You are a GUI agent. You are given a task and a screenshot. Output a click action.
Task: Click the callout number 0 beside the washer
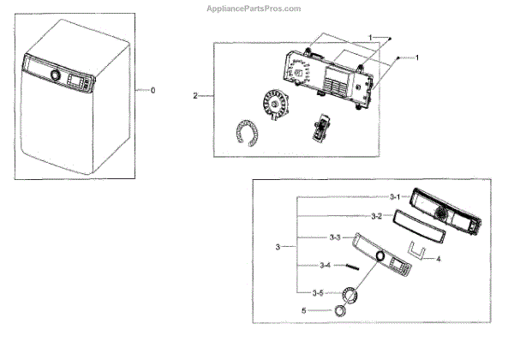pos(153,90)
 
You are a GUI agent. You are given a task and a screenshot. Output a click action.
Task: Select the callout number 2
pos(196,96)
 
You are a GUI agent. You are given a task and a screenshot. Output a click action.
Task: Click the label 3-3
pos(336,237)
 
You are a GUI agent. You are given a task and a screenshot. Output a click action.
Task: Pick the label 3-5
pos(318,292)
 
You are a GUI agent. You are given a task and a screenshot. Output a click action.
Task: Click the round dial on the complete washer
pos(56,75)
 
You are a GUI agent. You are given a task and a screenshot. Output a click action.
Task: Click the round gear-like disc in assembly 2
pos(276,106)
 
